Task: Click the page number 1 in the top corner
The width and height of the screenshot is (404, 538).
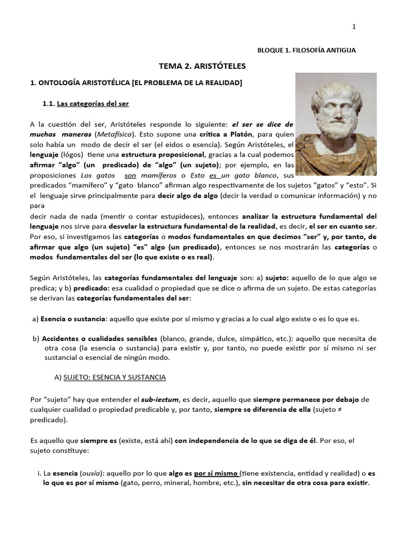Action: coord(354,27)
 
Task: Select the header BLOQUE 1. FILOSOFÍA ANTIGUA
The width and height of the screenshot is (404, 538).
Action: coord(307,50)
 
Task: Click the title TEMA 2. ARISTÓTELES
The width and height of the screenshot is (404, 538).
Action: coord(202,67)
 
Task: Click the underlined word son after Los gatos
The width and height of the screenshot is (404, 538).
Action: coord(130,176)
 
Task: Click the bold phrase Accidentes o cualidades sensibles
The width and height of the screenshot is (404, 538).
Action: coord(99,338)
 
